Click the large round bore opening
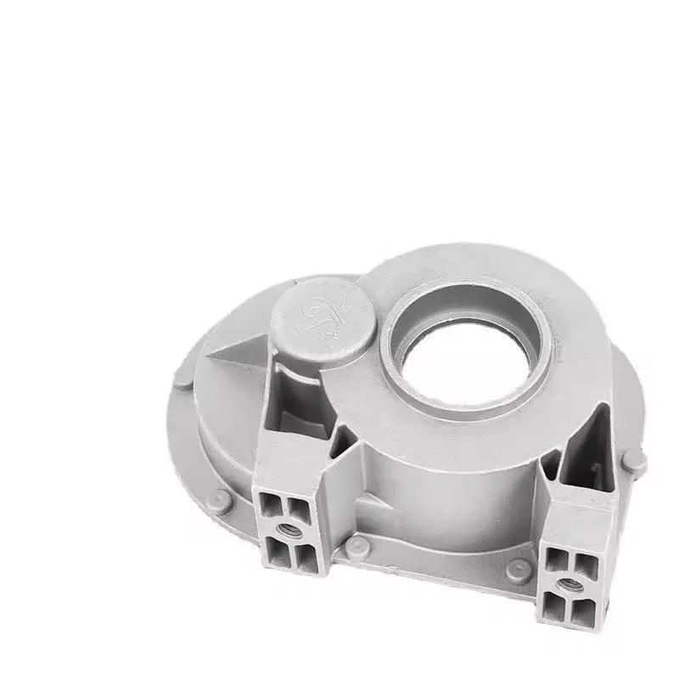tap(465, 360)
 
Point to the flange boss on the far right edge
tap(633, 462)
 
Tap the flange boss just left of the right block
tap(518, 571)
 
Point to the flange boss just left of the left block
tap(222, 499)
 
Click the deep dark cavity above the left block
tap(293, 399)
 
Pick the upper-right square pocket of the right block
tap(585, 567)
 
